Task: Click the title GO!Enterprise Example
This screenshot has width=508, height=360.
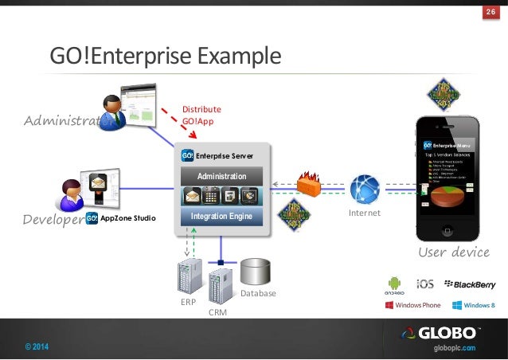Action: coord(166,57)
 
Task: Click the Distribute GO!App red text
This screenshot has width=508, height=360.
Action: coord(201,115)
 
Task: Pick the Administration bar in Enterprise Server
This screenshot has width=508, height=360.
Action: coord(222,176)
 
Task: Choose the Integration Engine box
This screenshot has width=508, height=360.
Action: coord(222,216)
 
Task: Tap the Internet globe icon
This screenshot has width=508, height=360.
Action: coord(365,188)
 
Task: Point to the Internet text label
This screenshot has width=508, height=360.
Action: coord(365,213)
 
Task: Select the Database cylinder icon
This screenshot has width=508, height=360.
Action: coord(256,273)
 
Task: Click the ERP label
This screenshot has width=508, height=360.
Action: coord(188,303)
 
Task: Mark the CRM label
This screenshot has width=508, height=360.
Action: coord(217,314)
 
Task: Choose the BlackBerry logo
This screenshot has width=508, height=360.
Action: coord(470,284)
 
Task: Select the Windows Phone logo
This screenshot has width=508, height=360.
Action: coord(412,305)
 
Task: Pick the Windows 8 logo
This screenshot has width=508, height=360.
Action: coord(474,305)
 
